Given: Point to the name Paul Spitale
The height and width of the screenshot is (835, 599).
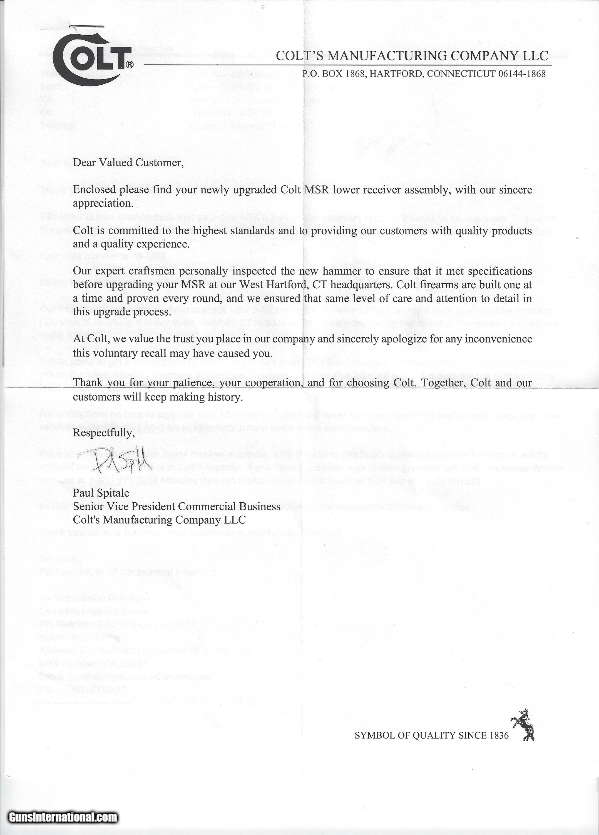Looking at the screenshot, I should point(101,493).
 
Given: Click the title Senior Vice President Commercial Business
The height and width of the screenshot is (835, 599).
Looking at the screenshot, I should point(177,506).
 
